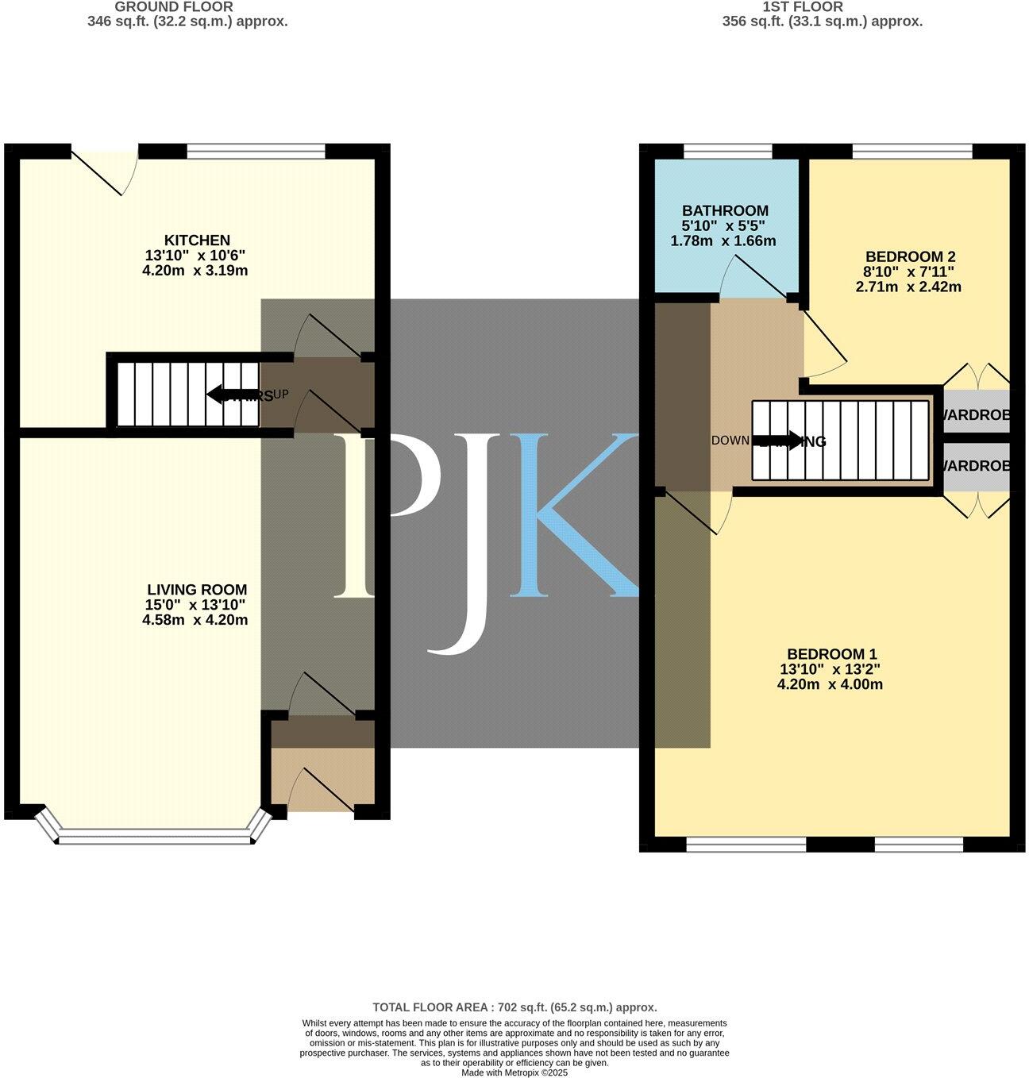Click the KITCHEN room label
pos(197,241)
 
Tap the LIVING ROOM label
pos(197,591)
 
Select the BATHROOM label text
pos(725,211)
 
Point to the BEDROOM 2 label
pos(909,257)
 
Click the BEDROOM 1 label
pos(831,654)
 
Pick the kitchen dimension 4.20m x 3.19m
pos(195,271)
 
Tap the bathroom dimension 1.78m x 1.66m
pos(723,241)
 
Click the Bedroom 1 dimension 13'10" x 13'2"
pos(831,669)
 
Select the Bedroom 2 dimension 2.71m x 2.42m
pos(908,287)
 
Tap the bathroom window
pos(728,151)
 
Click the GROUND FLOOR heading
pos(174,7)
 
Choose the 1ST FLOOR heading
pos(802,7)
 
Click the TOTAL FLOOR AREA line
pos(514,1007)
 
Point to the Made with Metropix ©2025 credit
pos(514,1072)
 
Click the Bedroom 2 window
pos(912,151)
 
